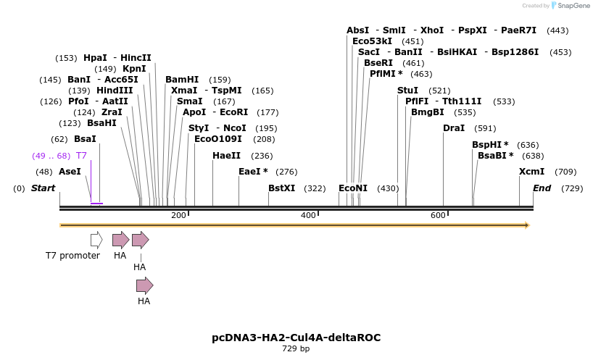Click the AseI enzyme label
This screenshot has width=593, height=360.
tap(70, 172)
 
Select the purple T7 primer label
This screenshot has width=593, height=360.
tap(81, 156)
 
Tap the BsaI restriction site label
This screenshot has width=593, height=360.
tap(85, 139)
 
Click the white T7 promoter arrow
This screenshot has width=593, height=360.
tap(96, 240)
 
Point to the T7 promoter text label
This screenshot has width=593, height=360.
tap(72, 256)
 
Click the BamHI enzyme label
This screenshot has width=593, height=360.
tap(182, 80)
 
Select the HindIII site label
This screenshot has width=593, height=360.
tap(115, 91)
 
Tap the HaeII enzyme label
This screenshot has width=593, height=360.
tap(226, 156)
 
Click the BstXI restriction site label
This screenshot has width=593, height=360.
tap(281, 188)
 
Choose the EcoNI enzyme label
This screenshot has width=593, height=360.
tap(353, 188)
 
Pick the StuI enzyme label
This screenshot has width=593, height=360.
tap(407, 91)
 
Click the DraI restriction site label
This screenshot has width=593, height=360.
tap(454, 128)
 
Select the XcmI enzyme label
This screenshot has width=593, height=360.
tap(531, 172)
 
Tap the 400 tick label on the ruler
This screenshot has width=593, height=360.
tap(308, 215)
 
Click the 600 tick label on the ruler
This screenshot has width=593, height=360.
tap(438, 215)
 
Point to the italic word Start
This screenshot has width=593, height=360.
tap(43, 188)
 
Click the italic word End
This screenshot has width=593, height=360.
tap(542, 188)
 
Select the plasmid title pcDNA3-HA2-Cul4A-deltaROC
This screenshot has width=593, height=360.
tap(296, 338)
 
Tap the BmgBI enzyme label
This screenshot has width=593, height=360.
tap(428, 112)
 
